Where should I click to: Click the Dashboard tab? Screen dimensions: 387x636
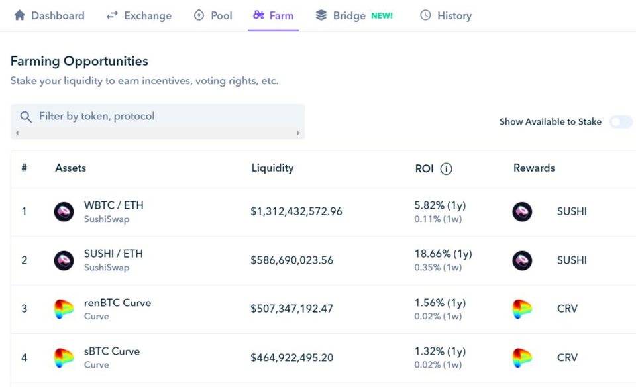50,15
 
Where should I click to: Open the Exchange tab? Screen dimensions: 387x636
139,15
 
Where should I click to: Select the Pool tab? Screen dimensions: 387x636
213,15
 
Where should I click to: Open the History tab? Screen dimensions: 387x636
446,15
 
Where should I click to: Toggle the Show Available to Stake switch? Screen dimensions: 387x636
621,122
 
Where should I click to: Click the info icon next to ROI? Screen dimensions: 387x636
447,169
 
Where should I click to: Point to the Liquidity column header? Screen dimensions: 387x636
272,168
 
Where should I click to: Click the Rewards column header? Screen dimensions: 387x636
534,168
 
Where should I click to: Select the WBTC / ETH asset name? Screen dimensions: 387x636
113,205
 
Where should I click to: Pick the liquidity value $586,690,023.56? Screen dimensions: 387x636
291,260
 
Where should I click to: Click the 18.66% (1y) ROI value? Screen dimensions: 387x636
443,254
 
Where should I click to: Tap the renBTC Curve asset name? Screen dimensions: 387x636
117,303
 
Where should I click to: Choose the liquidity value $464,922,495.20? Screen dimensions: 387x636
291,358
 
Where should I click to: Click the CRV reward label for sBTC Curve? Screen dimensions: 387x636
567,358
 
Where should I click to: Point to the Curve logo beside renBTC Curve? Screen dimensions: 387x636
64,309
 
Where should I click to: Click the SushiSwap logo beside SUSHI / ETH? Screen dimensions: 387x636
64,260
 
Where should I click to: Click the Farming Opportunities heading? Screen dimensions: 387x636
79,62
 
